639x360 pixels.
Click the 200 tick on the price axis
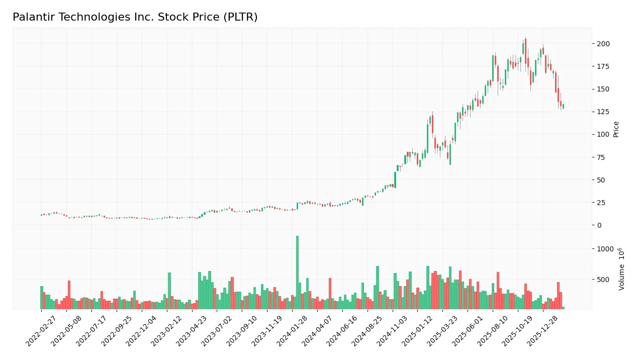(603, 44)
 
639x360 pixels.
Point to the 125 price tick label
(603, 112)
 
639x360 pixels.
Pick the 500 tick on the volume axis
(603, 280)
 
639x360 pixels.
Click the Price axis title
(616, 129)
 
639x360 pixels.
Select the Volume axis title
(622, 269)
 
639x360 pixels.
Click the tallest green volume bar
(297, 272)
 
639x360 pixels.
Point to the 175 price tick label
(603, 66)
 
